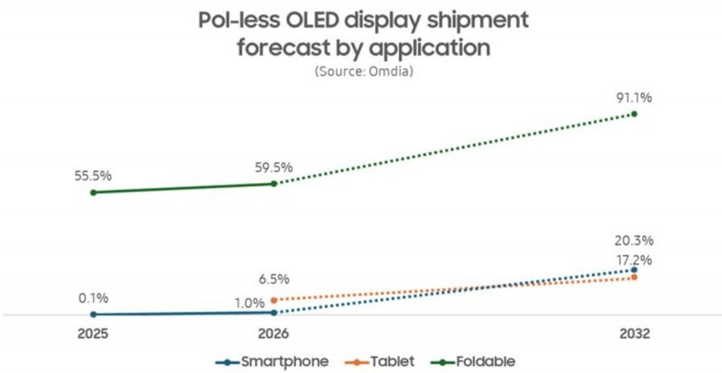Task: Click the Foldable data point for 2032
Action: [x=634, y=114]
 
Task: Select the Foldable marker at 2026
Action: [x=273, y=183]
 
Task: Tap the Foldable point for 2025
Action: [x=93, y=192]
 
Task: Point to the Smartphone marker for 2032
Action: [x=634, y=268]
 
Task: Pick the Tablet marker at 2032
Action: [x=634, y=277]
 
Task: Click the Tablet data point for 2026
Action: [x=273, y=299]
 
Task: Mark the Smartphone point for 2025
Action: [x=93, y=314]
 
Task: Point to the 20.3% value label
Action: [x=634, y=241]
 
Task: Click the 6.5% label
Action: [x=273, y=278]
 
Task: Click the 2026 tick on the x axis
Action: [x=273, y=334]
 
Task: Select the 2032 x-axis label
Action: [x=634, y=334]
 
